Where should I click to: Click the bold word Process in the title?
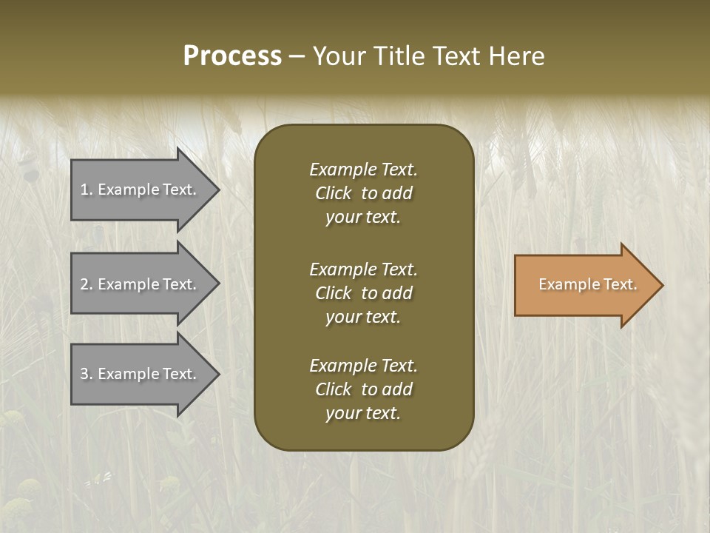coord(232,56)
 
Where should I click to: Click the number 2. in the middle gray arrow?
coord(87,284)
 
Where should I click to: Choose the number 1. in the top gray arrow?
coord(87,190)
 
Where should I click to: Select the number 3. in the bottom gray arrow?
coord(87,374)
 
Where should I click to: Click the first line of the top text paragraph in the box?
coord(363,170)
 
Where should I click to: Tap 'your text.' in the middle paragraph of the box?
coord(363,317)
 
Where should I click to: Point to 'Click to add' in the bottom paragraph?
coord(363,389)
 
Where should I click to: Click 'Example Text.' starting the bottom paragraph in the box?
coord(363,366)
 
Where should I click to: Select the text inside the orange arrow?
coord(587,284)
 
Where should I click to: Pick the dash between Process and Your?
coord(297,57)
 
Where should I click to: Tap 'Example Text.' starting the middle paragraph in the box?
coord(363,269)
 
